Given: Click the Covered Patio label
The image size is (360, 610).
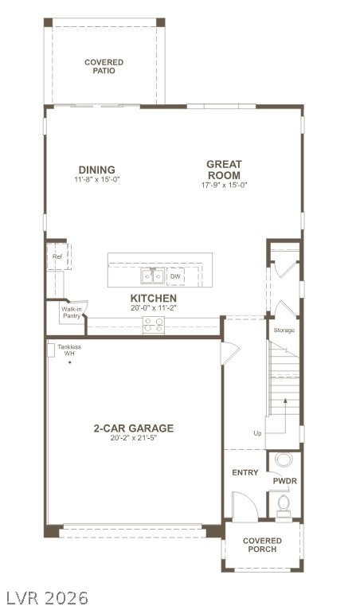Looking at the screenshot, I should tap(104, 66).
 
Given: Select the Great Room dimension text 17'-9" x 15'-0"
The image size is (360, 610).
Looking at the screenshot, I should tap(224, 186).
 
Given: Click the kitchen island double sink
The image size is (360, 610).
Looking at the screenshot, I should tap(152, 276).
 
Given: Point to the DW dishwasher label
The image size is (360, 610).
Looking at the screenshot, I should tap(175, 276).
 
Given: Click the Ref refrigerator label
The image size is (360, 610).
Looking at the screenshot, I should tap(57, 256).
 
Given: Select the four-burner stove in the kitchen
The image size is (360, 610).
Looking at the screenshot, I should tap(153, 325).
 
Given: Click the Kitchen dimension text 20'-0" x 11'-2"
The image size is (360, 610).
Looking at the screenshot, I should tap(154, 307).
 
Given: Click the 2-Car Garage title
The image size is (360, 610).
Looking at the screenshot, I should tap(133, 428).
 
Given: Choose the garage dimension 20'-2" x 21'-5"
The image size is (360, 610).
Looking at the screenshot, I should tap(133, 439).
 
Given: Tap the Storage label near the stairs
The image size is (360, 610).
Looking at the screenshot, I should tap(284, 330).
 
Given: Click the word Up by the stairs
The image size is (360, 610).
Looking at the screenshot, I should tap(257, 433).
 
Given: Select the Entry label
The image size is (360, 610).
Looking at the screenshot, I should tap(245, 472).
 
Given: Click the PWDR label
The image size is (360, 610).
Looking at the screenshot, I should tap(284, 481).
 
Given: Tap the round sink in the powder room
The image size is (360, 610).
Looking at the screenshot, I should tap(284, 460).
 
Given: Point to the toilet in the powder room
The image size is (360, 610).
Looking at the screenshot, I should tap(284, 503).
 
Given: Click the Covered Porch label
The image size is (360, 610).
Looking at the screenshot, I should tap(262, 545).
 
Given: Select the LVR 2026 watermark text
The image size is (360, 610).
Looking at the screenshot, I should tap(45, 597).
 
